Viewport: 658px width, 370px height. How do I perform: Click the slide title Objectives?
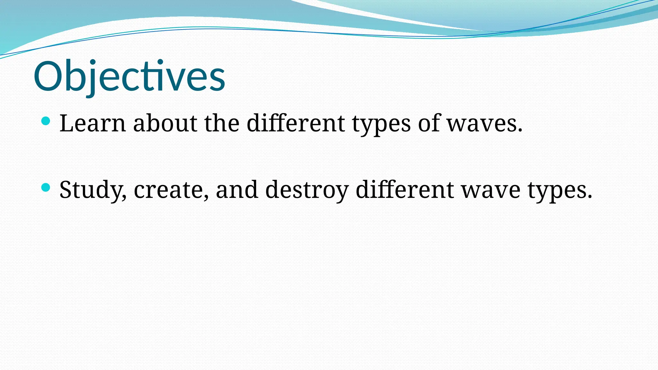click(x=129, y=76)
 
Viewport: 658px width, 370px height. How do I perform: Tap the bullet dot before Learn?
click(x=46, y=121)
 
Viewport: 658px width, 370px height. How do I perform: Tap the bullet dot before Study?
click(x=46, y=187)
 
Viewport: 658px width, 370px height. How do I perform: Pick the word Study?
click(x=93, y=190)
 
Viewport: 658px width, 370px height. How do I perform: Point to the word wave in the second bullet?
click(x=491, y=190)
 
